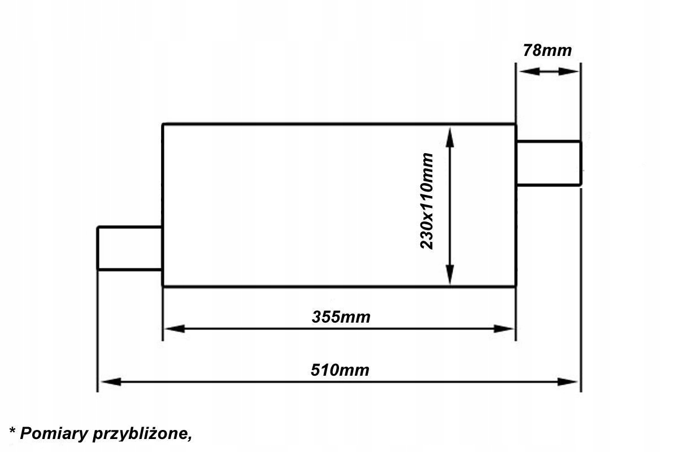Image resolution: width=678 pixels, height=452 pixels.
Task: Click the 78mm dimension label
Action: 547,50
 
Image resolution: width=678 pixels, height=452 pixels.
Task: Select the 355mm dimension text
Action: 341,317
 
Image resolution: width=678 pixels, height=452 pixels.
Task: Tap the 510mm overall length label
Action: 340,370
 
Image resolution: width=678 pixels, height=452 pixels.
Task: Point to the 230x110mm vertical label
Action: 427,201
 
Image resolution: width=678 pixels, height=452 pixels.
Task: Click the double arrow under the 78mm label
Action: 548,72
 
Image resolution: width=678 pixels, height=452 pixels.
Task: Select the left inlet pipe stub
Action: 130,248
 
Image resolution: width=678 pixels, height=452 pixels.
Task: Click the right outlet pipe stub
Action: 548,163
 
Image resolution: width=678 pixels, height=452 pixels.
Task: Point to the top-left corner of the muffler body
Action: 163,124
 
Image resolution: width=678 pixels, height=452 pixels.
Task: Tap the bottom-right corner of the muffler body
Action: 515,286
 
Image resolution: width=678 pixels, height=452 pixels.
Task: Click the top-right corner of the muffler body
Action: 515,124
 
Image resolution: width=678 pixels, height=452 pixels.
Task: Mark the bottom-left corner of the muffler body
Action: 163,286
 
